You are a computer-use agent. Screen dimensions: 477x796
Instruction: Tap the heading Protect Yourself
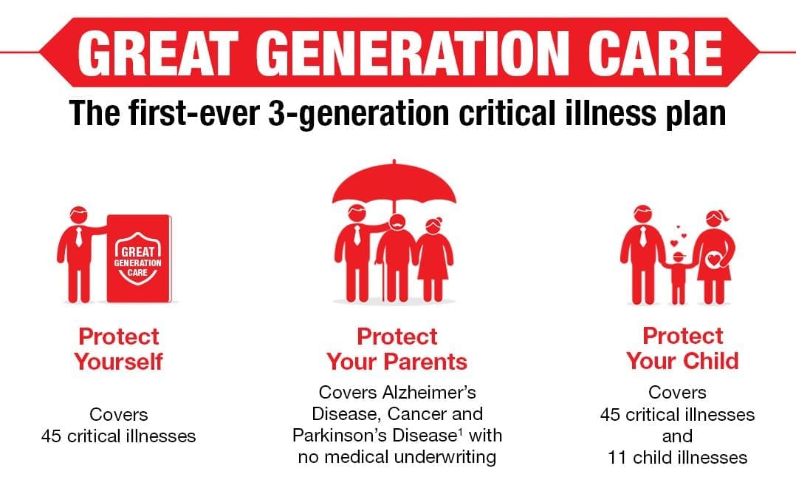pos(119,349)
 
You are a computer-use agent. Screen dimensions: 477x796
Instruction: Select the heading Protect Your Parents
pos(397,349)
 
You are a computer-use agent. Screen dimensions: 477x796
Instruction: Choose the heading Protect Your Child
pos(682,348)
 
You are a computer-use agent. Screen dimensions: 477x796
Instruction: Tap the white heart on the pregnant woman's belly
pos(714,260)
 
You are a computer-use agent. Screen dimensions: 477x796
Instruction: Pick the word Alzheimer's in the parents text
pos(434,393)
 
